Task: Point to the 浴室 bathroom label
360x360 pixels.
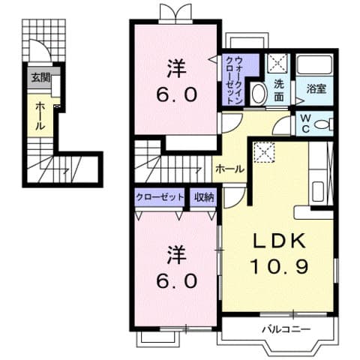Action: (x=316, y=88)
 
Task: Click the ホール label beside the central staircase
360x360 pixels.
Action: (x=229, y=169)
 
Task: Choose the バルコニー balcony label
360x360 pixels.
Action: (x=281, y=328)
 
